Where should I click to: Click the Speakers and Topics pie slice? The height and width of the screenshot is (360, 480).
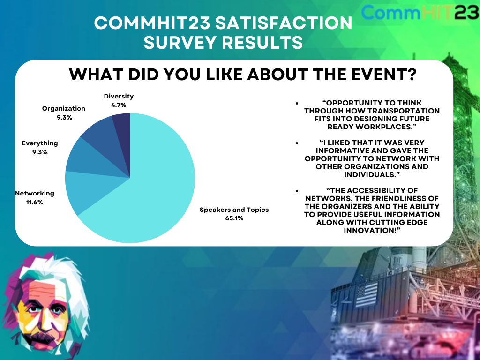point(153,190)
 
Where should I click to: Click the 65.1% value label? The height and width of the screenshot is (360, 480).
point(234,218)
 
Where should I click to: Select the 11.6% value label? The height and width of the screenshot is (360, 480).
point(35,202)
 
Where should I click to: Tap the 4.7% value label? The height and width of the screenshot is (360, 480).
point(119,105)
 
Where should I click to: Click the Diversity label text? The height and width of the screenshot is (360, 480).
point(119,96)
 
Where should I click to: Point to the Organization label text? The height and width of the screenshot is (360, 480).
point(64,108)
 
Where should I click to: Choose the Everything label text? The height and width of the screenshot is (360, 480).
point(40,143)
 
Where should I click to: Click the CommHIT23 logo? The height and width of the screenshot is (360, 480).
point(420,12)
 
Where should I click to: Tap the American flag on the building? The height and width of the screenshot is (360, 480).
point(367,294)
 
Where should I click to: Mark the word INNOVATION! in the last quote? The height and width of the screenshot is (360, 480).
point(372,230)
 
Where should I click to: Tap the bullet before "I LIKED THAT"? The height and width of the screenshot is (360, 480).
point(297,143)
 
